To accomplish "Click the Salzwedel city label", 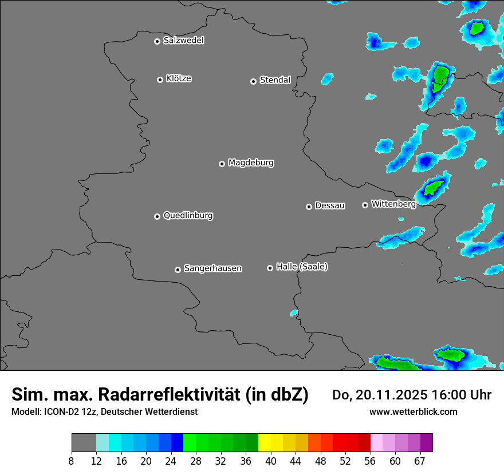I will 183,41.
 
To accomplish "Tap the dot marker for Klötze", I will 160,80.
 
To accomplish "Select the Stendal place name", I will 275,80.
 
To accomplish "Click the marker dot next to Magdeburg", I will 222,164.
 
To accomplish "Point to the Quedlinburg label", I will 188,216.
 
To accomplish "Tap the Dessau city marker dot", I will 309,207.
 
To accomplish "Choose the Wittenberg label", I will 393,204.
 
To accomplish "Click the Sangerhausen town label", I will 212,268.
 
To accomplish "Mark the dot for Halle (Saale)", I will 270,268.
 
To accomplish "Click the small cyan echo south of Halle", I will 294,312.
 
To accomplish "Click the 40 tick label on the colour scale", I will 270,461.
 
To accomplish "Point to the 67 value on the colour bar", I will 420,461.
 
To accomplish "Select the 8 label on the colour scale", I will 72,461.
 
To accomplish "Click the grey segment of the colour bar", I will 84,443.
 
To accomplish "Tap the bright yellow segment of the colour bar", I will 264,443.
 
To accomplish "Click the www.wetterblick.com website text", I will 413,411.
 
